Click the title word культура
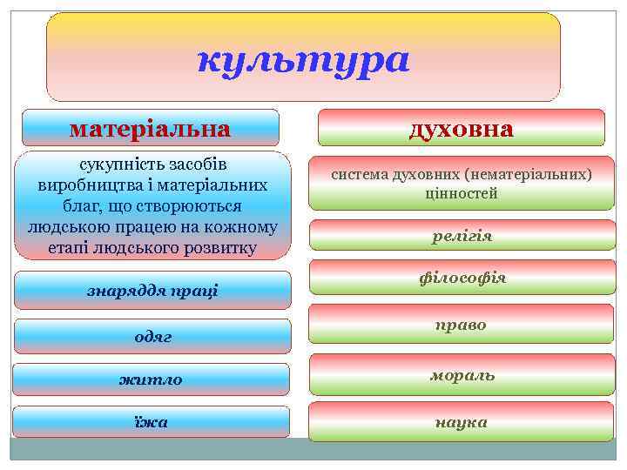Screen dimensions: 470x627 [x=302, y=61]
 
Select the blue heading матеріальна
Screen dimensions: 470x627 [x=150, y=129]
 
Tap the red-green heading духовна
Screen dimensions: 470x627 [x=461, y=129]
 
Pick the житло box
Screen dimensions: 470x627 [x=152, y=379]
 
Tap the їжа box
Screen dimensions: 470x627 [x=152, y=422]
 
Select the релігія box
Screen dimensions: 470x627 [x=462, y=236]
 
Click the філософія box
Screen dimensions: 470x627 [x=462, y=279]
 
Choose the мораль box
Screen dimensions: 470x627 [x=462, y=375]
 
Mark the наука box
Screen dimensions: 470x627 [x=462, y=422]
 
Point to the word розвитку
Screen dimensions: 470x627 [x=220, y=248]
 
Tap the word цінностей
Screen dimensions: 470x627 [x=462, y=194]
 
